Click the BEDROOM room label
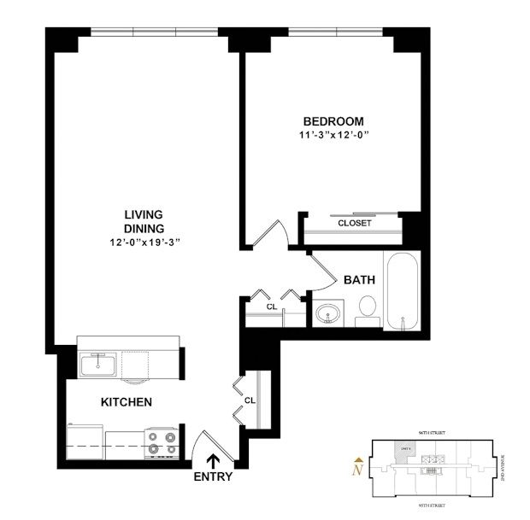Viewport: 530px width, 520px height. (x=333, y=121)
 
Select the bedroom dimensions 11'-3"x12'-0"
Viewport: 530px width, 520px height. (x=333, y=135)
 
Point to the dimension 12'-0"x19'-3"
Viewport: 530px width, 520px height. (x=143, y=242)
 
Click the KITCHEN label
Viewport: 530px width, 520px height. (x=127, y=402)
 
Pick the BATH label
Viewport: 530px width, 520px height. (x=360, y=280)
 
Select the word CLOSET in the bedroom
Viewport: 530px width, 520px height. (x=354, y=223)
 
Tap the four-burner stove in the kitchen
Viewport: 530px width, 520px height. (x=162, y=442)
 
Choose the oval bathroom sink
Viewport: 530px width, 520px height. (x=326, y=315)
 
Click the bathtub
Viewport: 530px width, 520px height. (x=402, y=293)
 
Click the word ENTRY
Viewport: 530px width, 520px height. (x=213, y=476)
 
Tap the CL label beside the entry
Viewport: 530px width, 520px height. (x=250, y=400)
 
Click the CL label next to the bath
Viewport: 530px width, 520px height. (x=271, y=306)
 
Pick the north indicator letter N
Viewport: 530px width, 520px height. (x=358, y=466)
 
